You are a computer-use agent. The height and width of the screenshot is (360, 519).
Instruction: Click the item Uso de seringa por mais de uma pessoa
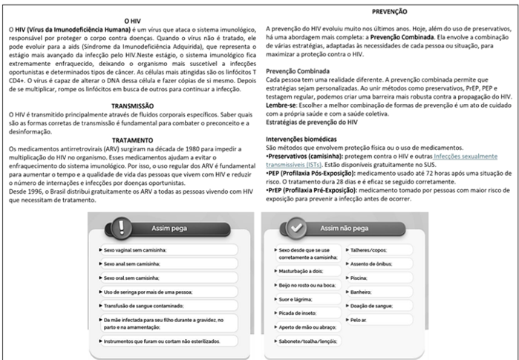(154, 287)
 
